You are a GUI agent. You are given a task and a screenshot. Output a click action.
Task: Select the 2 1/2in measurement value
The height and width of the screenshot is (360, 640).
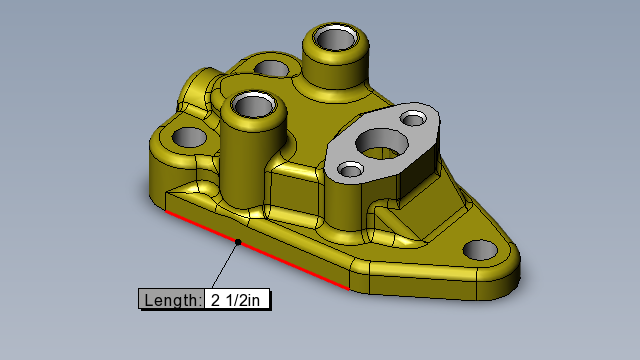tap(236, 300)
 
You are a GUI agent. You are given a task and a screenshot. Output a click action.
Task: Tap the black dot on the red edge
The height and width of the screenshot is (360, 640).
tap(238, 242)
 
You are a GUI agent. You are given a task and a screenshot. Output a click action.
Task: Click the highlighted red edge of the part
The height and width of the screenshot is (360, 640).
tap(257, 250)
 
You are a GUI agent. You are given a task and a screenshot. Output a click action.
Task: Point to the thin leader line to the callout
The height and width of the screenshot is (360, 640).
tap(225, 265)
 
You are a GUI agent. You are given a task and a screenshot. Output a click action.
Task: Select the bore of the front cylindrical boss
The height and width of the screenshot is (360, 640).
tap(253, 105)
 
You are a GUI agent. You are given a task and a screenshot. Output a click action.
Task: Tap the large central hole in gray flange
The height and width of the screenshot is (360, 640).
tap(382, 144)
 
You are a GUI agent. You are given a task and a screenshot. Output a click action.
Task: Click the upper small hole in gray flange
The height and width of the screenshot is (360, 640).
tap(413, 119)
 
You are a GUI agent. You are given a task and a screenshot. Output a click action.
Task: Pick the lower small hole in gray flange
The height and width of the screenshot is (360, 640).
tap(351, 169)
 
